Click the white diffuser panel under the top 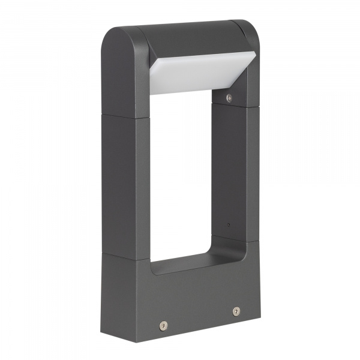pyautogui.click(x=192, y=75)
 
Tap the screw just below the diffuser pyautogui.click(x=229, y=97)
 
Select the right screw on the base pyautogui.click(x=236, y=311)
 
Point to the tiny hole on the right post pyautogui.click(x=229, y=225)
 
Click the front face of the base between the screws pyautogui.click(x=198, y=312)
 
